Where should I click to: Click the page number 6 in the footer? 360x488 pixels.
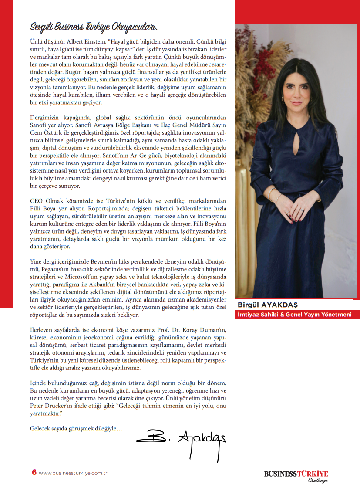pyautogui.click(x=34, y=472)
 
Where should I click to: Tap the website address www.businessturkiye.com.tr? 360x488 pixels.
pyautogui.click(x=73, y=473)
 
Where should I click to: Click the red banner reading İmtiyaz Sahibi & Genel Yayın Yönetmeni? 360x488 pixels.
pyautogui.click(x=295, y=315)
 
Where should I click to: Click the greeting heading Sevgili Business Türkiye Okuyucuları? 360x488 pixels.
pyautogui.click(x=94, y=27)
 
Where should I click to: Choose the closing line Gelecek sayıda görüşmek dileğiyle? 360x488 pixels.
pyautogui.click(x=76, y=429)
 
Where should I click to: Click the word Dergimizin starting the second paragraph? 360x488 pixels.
pyautogui.click(x=46, y=118)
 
